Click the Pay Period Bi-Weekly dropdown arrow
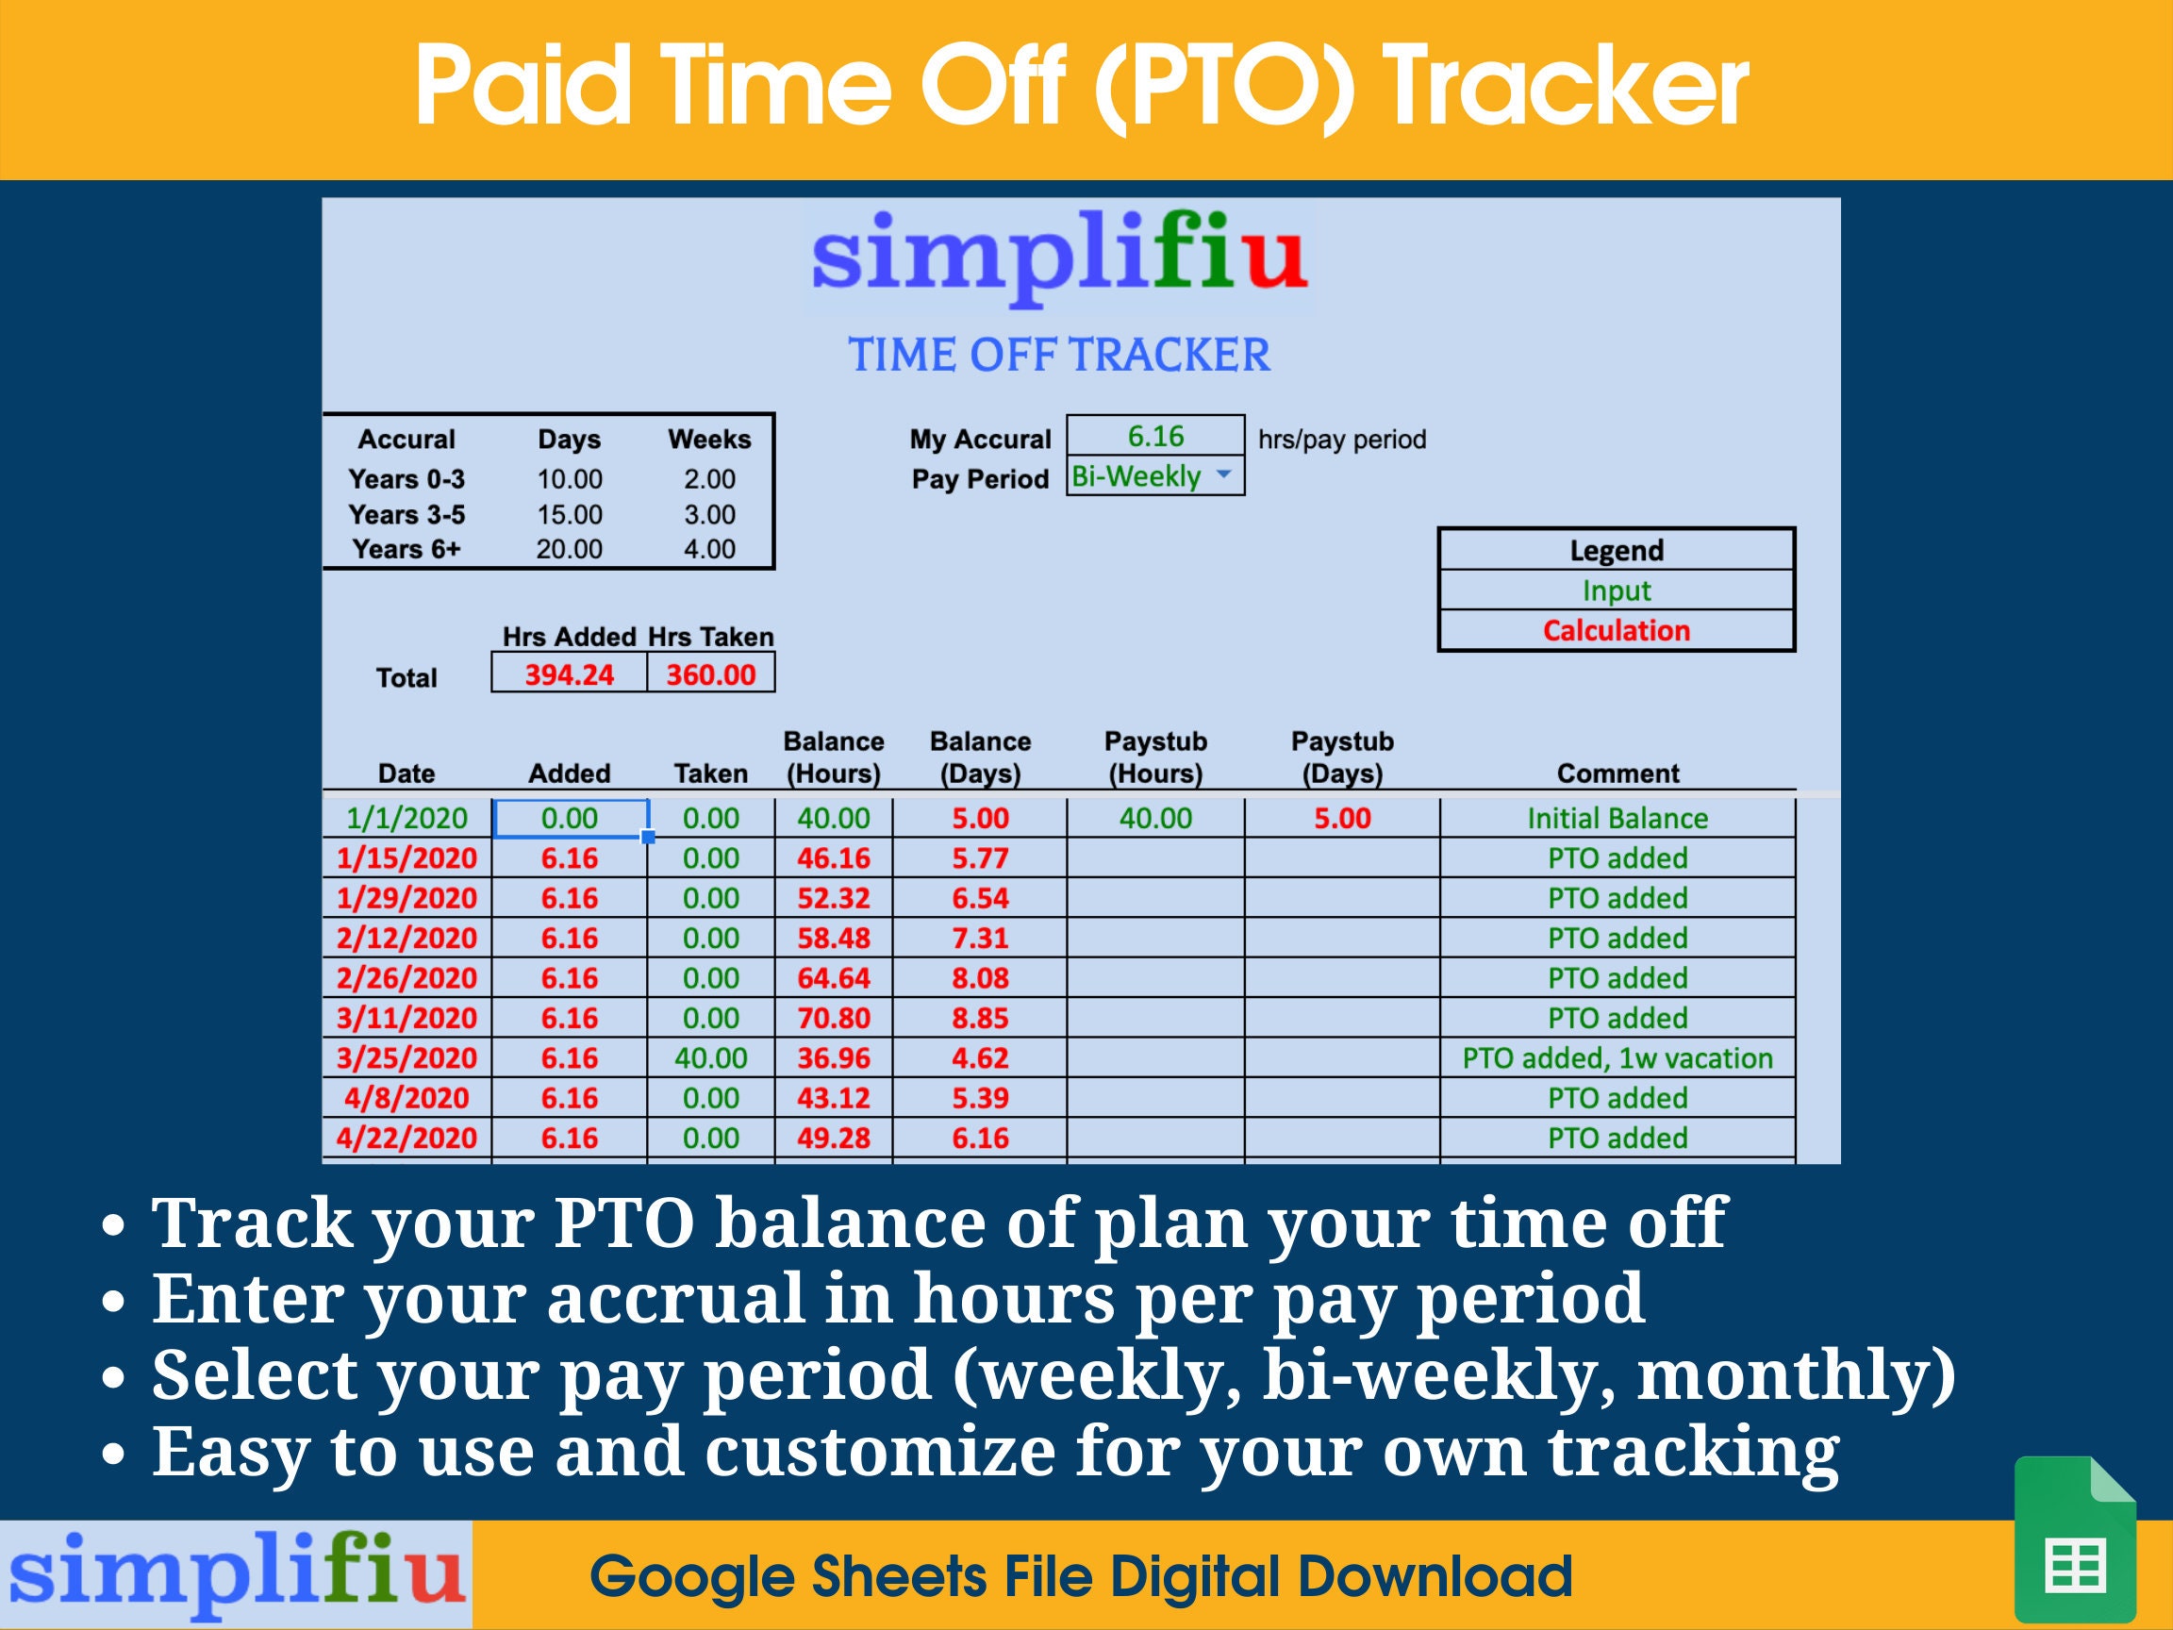pyautogui.click(x=1223, y=474)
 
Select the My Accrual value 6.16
pyautogui.click(x=1155, y=436)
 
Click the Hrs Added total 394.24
pyautogui.click(x=569, y=675)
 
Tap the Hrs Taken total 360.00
pyautogui.click(x=710, y=675)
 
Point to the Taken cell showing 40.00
pyautogui.click(x=710, y=1058)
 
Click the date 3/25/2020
pyautogui.click(x=406, y=1058)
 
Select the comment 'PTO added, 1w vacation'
pyautogui.click(x=1617, y=1058)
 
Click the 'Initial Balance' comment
pyautogui.click(x=1617, y=819)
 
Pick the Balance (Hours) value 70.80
pyautogui.click(x=833, y=1018)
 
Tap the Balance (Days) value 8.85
pyautogui.click(x=979, y=1018)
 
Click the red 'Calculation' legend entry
pyautogui.click(x=1616, y=631)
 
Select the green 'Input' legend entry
pyautogui.click(x=1616, y=590)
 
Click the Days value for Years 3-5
pyautogui.click(x=569, y=515)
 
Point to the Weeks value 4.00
pyautogui.click(x=709, y=549)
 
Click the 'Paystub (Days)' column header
pyautogui.click(x=1342, y=757)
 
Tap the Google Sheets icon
pyautogui.click(x=2074, y=1539)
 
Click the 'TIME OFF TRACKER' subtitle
pyautogui.click(x=1059, y=355)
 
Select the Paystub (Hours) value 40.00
pyautogui.click(x=1155, y=819)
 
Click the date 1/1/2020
pyautogui.click(x=406, y=819)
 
